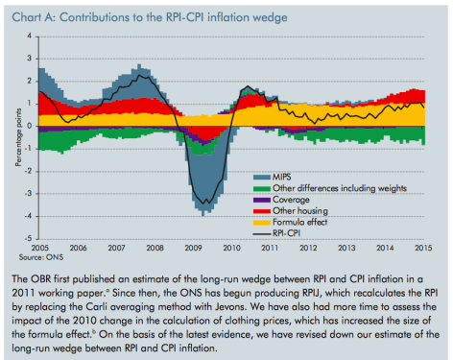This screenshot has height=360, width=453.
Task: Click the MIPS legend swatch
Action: click(262, 178)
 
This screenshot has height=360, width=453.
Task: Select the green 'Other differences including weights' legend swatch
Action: click(262, 189)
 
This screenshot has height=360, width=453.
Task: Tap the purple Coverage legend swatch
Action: click(262, 200)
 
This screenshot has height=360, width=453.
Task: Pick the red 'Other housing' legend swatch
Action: click(262, 211)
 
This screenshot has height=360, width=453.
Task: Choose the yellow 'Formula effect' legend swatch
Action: click(262, 223)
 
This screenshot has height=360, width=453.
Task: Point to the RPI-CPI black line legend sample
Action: click(262, 234)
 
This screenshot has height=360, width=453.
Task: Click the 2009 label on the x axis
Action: click(193, 248)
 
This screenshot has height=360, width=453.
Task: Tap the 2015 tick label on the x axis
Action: click(423, 248)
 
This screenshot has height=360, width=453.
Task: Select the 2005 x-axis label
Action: click(40, 248)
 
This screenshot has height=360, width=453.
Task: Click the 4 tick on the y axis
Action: click(30, 36)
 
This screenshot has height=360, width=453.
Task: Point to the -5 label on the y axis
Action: click(28, 239)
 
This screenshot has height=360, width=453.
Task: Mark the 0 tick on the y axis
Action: click(30, 126)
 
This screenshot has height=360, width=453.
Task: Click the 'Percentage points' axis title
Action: click(18, 137)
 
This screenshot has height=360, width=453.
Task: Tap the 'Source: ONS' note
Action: click(41, 257)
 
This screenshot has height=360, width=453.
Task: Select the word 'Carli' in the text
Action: click(94, 306)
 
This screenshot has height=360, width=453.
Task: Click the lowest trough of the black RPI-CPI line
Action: click(203, 204)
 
